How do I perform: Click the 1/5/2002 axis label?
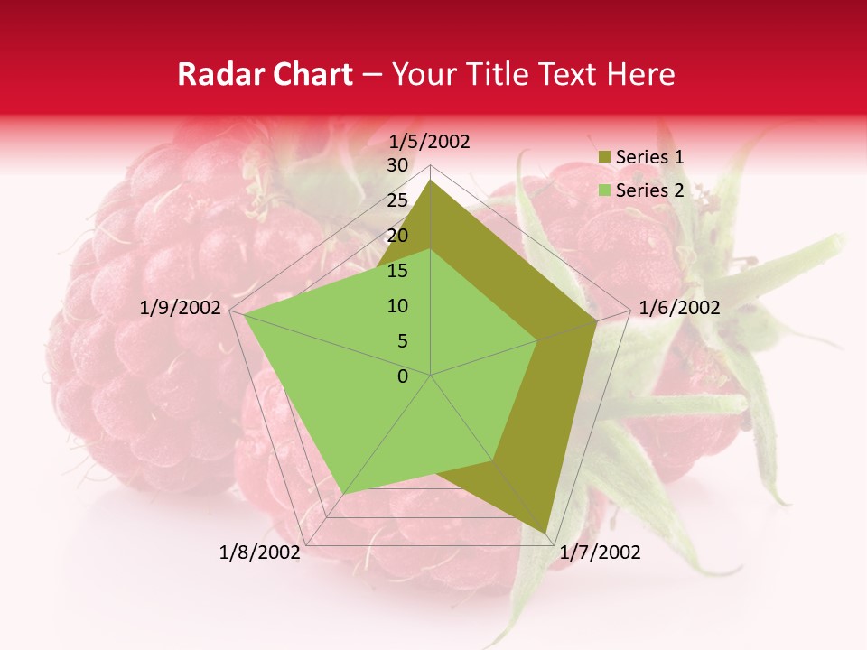click(x=430, y=142)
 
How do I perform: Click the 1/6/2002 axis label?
click(x=679, y=308)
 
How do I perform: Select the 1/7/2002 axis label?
click(x=600, y=552)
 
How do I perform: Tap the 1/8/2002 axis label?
click(x=260, y=552)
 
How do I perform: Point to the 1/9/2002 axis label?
click(x=181, y=308)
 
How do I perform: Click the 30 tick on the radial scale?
click(x=396, y=165)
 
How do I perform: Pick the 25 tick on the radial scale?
click(x=396, y=200)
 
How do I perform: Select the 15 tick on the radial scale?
click(x=396, y=271)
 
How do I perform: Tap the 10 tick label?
click(x=396, y=306)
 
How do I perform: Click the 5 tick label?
click(x=402, y=341)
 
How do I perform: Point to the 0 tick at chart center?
click(x=403, y=376)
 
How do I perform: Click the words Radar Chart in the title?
click(x=265, y=75)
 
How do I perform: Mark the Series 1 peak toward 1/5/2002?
click(x=431, y=181)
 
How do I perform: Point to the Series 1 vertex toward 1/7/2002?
click(x=546, y=533)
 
